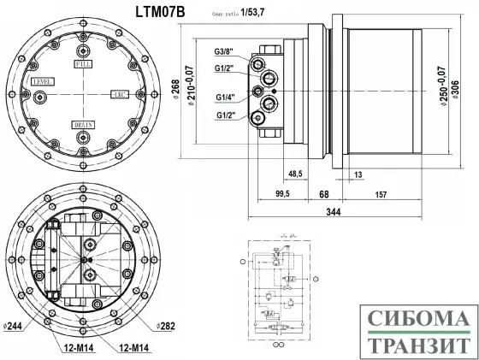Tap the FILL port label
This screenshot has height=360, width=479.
click(x=84, y=64)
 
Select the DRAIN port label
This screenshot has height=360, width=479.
click(x=84, y=124)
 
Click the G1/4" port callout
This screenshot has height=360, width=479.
click(x=226, y=97)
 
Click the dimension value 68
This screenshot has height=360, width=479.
click(x=323, y=194)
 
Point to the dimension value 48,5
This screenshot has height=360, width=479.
click(x=297, y=174)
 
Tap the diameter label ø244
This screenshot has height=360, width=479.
click(x=12, y=326)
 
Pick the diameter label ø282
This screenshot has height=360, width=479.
click(x=165, y=326)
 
